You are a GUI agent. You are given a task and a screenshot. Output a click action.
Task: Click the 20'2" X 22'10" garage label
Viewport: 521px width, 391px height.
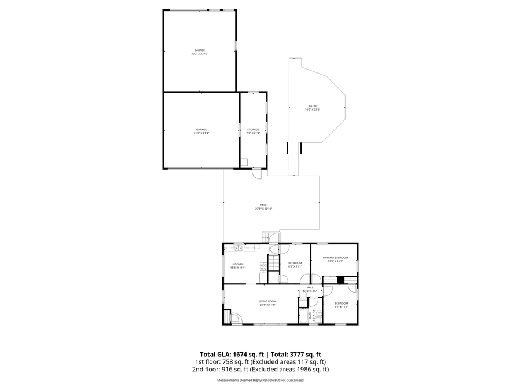(199, 52)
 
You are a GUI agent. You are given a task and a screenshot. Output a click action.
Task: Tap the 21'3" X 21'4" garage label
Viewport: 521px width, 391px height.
(201, 131)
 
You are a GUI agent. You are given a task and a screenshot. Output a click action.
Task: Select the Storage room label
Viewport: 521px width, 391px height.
(253, 131)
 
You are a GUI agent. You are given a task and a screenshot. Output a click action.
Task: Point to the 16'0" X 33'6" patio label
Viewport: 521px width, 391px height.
(313, 108)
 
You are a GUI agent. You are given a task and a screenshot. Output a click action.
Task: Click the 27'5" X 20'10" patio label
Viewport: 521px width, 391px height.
(263, 207)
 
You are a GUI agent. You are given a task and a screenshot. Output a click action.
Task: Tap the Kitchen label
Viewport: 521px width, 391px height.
(238, 266)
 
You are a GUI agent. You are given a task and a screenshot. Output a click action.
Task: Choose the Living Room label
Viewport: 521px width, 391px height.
(267, 302)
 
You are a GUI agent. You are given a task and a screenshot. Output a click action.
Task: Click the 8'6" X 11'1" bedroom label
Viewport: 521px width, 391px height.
(295, 265)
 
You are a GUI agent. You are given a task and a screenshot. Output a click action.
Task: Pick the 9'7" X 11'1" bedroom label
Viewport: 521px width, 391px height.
(342, 305)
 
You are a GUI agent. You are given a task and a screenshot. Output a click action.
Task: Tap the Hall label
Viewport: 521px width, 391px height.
(310, 289)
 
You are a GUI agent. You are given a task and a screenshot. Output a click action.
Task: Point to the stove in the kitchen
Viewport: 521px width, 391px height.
(263, 267)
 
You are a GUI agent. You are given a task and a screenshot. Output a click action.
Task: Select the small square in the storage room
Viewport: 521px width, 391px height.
(244, 162)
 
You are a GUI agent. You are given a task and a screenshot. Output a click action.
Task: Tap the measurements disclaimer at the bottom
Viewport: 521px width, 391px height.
(260, 381)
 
